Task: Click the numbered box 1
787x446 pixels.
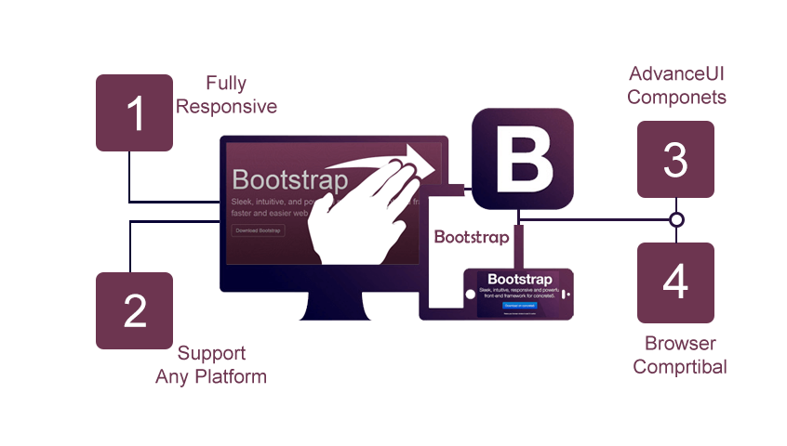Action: click(x=135, y=112)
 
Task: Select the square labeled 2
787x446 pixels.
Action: click(x=135, y=310)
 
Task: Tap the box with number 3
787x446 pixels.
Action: click(x=675, y=159)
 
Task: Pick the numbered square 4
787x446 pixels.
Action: click(x=675, y=282)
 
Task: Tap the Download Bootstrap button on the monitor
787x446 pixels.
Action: click(x=259, y=230)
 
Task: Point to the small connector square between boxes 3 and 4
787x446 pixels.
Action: click(x=676, y=219)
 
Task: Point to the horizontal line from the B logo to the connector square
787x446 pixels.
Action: click(x=605, y=219)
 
